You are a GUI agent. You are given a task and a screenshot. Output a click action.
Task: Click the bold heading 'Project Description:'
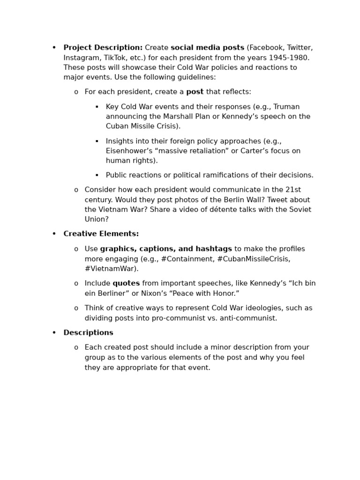pyautogui.click(x=103, y=48)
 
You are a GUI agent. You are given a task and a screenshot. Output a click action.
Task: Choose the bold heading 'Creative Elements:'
pyautogui.click(x=101, y=234)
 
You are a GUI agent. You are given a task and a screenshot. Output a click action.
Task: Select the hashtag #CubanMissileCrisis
pyautogui.click(x=254, y=259)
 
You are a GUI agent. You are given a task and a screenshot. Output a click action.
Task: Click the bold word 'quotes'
pyautogui.click(x=126, y=284)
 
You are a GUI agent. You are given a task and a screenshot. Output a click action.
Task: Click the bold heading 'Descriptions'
pyautogui.click(x=88, y=333)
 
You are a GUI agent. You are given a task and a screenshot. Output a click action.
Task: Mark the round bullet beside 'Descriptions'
pyautogui.click(x=54, y=333)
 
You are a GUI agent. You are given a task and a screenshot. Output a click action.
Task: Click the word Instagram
pyautogui.click(x=81, y=58)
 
